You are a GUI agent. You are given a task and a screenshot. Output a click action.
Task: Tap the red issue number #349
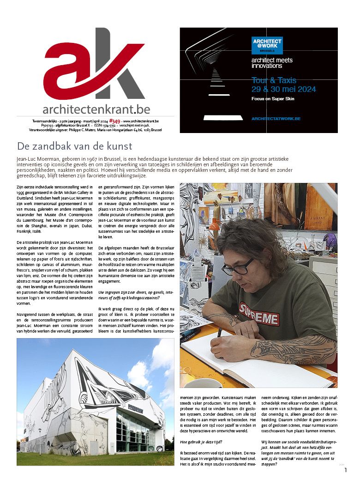pyautogui.click(x=115, y=121)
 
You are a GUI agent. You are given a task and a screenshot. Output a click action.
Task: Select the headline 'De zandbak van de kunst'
pyautogui.click(x=74, y=146)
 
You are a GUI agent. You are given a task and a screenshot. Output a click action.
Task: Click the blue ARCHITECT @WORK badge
pyautogui.click(x=267, y=45)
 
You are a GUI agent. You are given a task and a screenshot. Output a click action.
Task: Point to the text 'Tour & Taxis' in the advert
pyautogui.click(x=274, y=80)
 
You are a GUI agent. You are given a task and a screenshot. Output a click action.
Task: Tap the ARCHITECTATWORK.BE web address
pyautogui.click(x=276, y=119)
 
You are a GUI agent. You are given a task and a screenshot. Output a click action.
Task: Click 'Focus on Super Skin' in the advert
pyautogui.click(x=272, y=99)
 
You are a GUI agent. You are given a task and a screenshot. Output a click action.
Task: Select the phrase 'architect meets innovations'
pyautogui.click(x=272, y=63)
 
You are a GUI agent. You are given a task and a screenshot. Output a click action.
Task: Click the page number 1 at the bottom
pyautogui.click(x=345, y=470)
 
